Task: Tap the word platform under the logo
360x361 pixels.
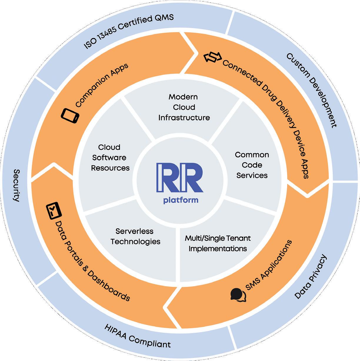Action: click(x=181, y=200)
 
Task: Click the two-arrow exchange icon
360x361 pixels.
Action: click(x=212, y=57)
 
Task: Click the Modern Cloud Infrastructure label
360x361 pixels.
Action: click(x=184, y=107)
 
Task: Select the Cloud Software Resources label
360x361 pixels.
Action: click(x=110, y=158)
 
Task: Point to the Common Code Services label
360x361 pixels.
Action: click(x=252, y=165)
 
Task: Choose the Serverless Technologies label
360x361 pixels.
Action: click(x=135, y=236)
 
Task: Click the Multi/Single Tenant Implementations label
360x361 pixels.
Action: click(x=218, y=243)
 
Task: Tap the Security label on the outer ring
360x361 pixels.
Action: click(x=16, y=185)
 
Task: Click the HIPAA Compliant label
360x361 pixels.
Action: click(x=137, y=336)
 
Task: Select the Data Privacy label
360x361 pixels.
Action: click(x=311, y=277)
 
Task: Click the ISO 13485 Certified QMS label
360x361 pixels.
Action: click(x=129, y=31)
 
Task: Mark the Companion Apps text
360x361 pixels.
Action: click(x=102, y=85)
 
